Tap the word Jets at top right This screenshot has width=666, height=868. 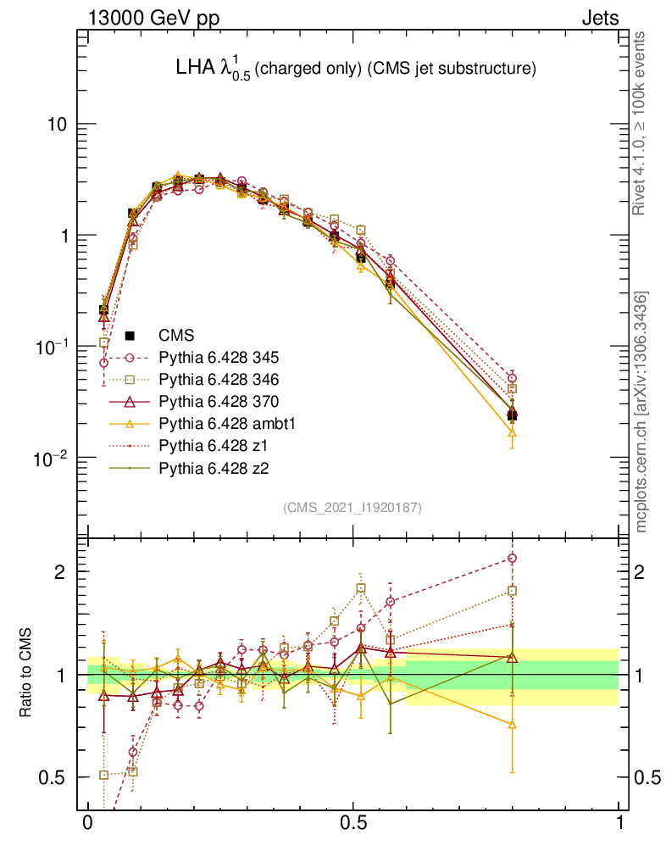pos(599,18)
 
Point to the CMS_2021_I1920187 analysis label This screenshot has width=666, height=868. pos(352,508)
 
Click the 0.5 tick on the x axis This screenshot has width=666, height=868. pos(353,824)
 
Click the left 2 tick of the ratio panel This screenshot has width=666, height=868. pos(63,571)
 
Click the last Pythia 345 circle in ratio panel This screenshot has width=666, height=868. pos(512,558)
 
